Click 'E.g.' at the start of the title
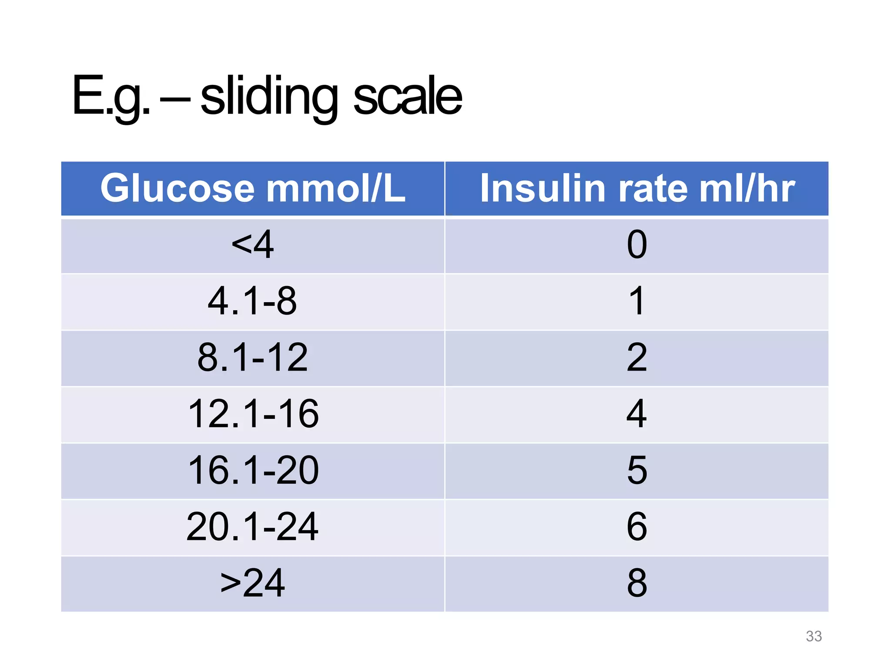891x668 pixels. coord(111,97)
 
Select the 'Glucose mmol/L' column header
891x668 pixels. coord(253,188)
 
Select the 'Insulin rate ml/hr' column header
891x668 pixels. coord(637,188)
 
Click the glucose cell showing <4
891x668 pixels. coord(253,245)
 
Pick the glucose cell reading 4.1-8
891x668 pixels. coord(253,301)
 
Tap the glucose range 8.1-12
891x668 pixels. coord(253,357)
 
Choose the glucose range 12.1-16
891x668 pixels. coord(253,414)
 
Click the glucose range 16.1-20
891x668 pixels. coord(253,471)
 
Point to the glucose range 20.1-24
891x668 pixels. coord(253,527)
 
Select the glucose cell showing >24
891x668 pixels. coord(253,583)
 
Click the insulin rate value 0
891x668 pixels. coord(637,245)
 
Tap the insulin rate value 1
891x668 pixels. coord(637,301)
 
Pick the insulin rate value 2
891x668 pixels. coord(637,357)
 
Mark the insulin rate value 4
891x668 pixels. coord(637,414)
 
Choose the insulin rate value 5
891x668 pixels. coord(637,471)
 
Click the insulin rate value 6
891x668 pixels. coord(637,527)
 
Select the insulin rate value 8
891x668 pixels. coord(637,583)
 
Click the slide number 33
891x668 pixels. coord(814,636)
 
